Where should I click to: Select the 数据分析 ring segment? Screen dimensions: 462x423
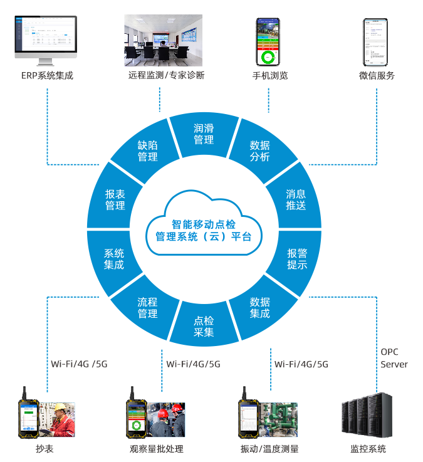[x=259, y=151]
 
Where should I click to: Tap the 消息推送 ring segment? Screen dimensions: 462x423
[x=296, y=199]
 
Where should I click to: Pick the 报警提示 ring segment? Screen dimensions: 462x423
[x=297, y=258]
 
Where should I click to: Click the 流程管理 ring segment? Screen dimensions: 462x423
[x=147, y=308]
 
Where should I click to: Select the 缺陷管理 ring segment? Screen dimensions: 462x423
[x=148, y=151]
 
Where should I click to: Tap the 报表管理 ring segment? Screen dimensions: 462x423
[x=115, y=199]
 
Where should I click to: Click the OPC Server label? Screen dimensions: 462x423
[x=394, y=358]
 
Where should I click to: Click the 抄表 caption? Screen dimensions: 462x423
[x=44, y=449]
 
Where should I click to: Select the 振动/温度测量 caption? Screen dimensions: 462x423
[x=269, y=449]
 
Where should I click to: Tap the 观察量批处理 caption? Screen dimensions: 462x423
[x=157, y=449]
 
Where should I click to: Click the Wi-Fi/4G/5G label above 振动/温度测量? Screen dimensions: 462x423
[x=301, y=364]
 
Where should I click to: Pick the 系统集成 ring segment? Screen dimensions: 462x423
[x=114, y=258]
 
